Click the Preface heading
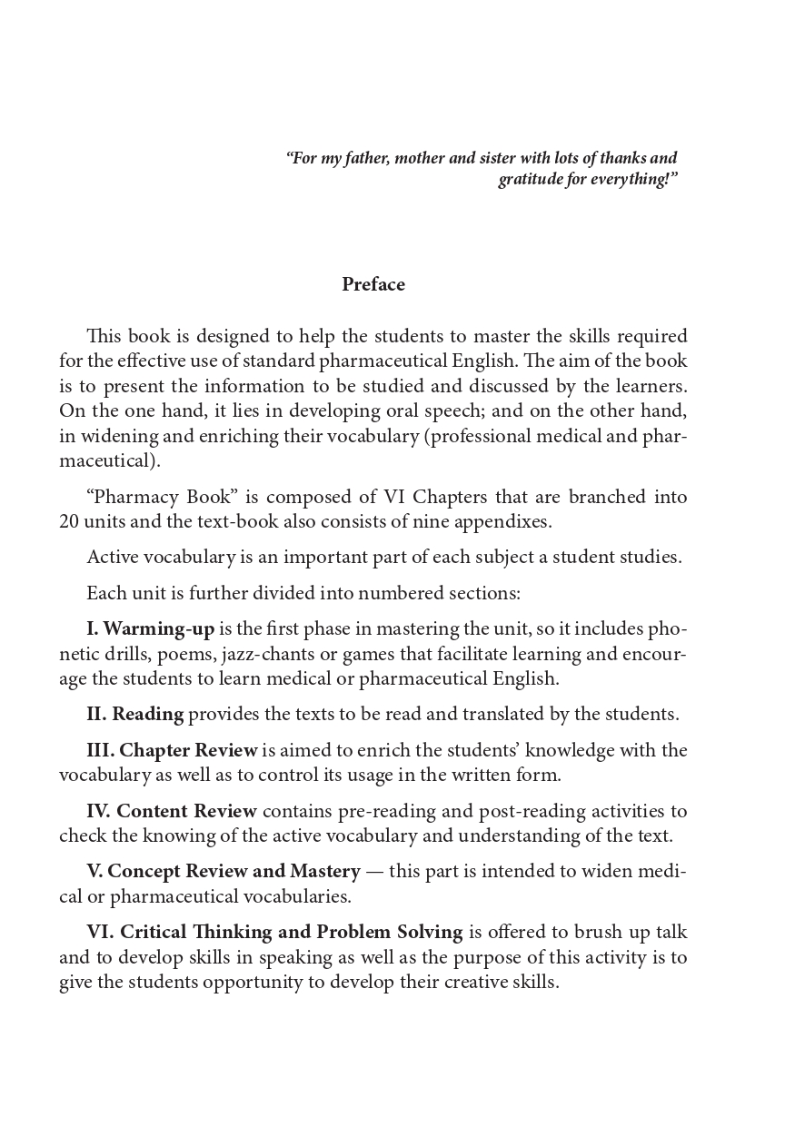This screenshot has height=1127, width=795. click(x=373, y=284)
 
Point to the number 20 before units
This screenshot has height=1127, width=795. click(x=69, y=522)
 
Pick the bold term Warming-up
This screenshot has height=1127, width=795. click(x=159, y=629)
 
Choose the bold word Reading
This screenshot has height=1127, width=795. click(x=147, y=714)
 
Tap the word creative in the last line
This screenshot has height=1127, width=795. click(x=479, y=983)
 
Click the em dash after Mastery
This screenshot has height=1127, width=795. click(x=374, y=872)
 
